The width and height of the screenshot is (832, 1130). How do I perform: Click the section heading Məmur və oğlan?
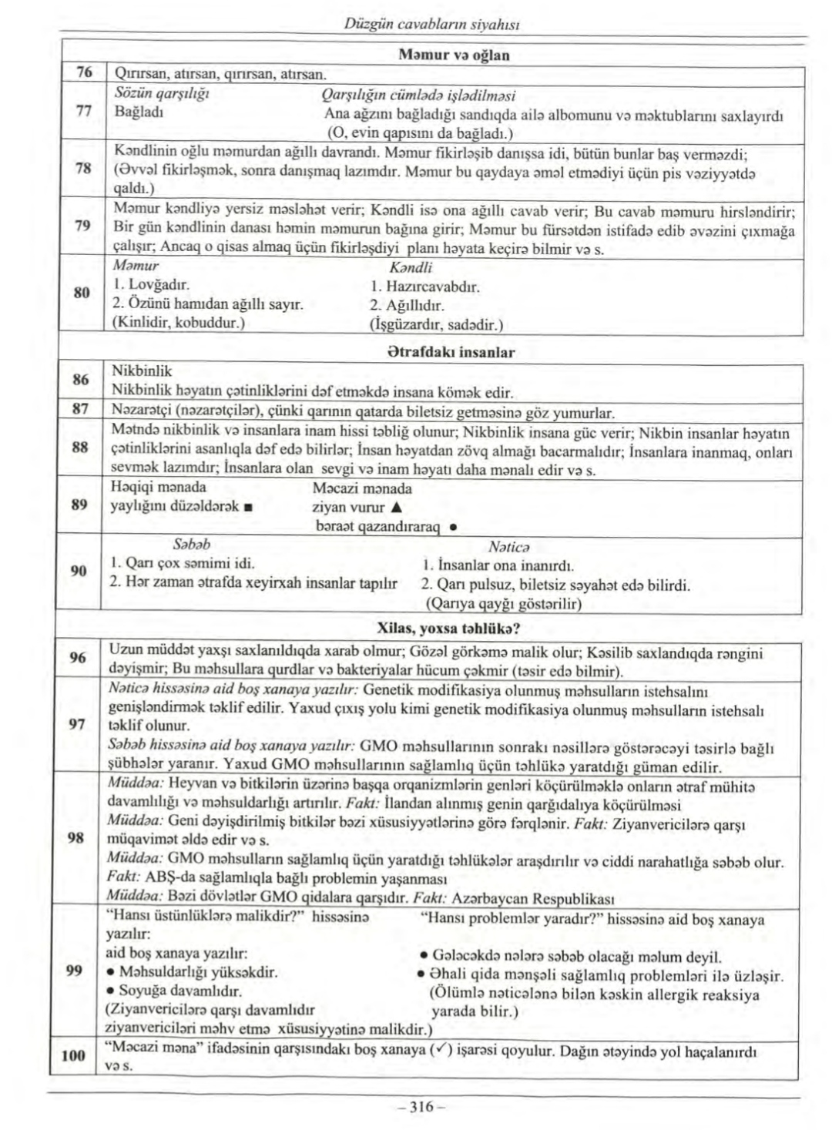coord(454,55)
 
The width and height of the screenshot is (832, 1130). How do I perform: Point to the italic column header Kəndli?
coord(411,267)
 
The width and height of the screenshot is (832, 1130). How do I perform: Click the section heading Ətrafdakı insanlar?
coord(452,353)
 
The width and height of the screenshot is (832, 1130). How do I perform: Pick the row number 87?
coord(80,408)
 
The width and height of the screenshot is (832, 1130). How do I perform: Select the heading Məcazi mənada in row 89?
coord(362,488)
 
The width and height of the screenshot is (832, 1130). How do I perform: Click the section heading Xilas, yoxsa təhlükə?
coord(453,628)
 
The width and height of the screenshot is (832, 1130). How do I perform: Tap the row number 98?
coord(75,837)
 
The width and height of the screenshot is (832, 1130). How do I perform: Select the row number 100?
coord(73,1055)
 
